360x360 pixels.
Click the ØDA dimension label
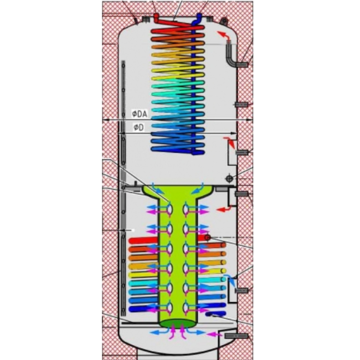pyautogui.click(x=139, y=114)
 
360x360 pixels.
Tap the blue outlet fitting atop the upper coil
pyautogui.click(x=199, y=17)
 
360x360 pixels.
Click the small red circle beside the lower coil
pyautogui.click(x=208, y=237)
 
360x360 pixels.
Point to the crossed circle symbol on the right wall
pyautogui.click(x=229, y=179)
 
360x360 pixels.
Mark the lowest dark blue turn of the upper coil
pyautogui.click(x=177, y=150)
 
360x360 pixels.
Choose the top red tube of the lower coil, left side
pyautogui.click(x=143, y=240)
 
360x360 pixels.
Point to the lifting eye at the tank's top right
pyautogui.click(x=224, y=20)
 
